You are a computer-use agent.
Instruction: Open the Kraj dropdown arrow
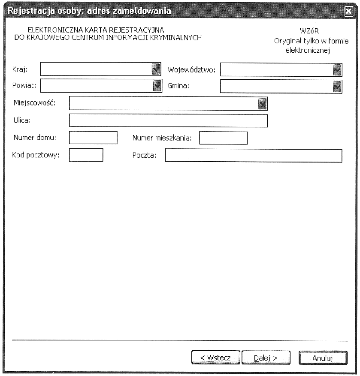click(x=156, y=69)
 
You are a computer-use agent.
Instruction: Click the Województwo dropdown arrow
click(x=337, y=69)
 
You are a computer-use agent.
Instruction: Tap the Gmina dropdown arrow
click(x=337, y=86)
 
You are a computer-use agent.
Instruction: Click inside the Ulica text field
click(x=168, y=120)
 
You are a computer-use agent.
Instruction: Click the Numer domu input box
click(x=93, y=138)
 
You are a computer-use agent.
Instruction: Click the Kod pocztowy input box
click(x=86, y=155)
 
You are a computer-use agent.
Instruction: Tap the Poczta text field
click(x=254, y=156)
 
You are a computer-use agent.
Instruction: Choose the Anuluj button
click(x=323, y=357)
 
